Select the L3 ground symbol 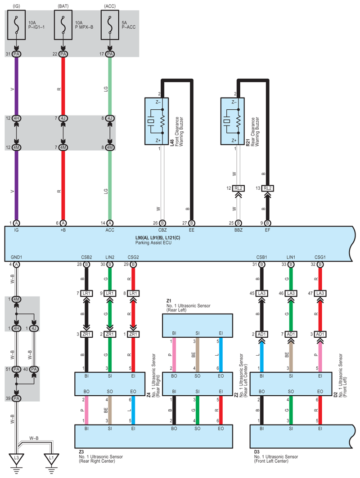point(17,458)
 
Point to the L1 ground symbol point(52,458)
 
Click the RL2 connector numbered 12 point(238,188)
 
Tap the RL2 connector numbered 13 point(267,188)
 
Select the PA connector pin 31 point(17,54)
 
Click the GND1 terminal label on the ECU point(16,257)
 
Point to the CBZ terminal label point(162,229)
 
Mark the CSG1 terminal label point(320,257)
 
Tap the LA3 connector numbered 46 point(291,293)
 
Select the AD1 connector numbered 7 point(291,335)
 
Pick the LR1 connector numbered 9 point(110,293)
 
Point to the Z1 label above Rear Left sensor point(169,300)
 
